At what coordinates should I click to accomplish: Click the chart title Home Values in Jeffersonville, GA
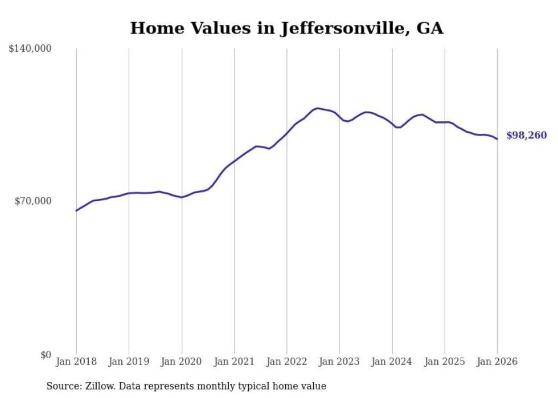pos(286,28)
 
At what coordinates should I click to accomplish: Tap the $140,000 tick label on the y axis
pos(30,49)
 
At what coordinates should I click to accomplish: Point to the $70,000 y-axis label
pos(33,201)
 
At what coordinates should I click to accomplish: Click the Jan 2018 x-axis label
pos(76,362)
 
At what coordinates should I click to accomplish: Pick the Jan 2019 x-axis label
pos(129,362)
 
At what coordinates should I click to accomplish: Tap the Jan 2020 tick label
pos(182,362)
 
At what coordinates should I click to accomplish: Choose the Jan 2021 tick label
pos(234,362)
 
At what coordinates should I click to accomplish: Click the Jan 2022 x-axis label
pos(287,362)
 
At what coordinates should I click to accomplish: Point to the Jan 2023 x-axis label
pos(339,362)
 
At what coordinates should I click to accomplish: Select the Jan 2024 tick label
pos(392,362)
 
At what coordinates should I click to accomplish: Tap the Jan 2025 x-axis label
pos(445,362)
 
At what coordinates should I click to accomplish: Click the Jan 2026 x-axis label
pos(497,362)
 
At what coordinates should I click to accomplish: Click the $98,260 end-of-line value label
pos(526,136)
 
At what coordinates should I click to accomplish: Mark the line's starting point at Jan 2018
pos(76,211)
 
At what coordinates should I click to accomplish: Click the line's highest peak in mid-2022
pos(317,108)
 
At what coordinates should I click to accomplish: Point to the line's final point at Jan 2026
pos(497,139)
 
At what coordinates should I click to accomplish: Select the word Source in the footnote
pos(61,386)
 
